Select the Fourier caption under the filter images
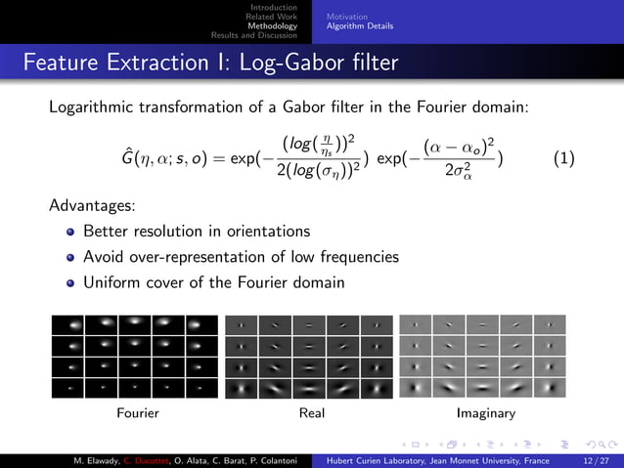coord(138,413)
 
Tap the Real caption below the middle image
coord(312,413)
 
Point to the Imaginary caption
coord(486,413)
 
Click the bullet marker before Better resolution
coord(69,233)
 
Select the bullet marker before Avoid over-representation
coord(69,258)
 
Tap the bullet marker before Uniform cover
coord(69,283)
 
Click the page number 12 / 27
coord(595,459)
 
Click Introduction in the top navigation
coord(280,8)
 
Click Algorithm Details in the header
coord(360,26)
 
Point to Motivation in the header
coord(347,17)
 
